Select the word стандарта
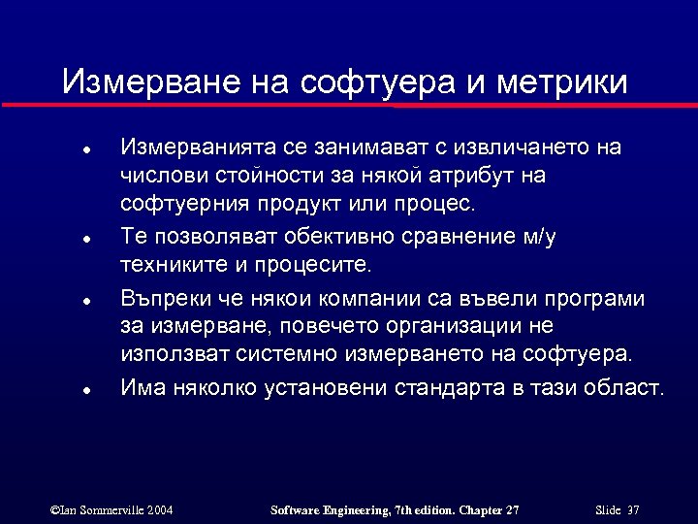(454, 388)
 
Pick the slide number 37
(634, 509)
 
